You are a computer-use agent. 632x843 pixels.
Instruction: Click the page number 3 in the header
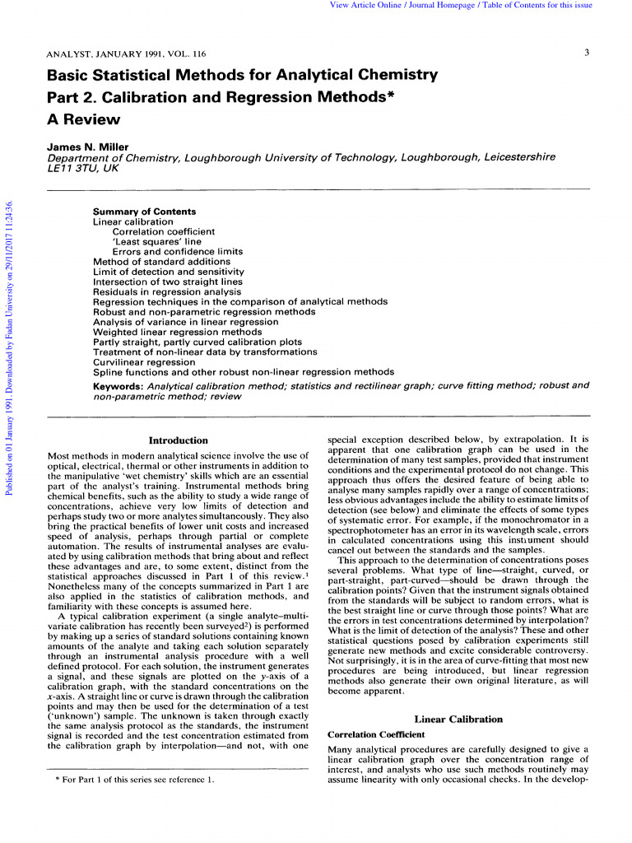pyautogui.click(x=587, y=54)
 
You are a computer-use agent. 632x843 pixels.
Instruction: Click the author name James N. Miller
pyautogui.click(x=88, y=147)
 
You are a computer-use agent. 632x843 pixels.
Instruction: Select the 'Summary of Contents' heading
pyautogui.click(x=144, y=212)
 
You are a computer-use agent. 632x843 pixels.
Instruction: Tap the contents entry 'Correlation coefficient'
pyautogui.click(x=163, y=232)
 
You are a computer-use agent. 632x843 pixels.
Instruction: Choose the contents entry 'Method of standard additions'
pyautogui.click(x=163, y=262)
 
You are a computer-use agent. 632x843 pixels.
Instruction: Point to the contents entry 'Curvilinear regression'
pyautogui.click(x=144, y=361)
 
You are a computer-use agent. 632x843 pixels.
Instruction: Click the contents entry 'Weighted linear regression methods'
pyautogui.click(x=177, y=332)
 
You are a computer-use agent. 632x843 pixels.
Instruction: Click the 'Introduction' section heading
pyautogui.click(x=178, y=440)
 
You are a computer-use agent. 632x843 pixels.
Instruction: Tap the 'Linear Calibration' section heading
pyautogui.click(x=458, y=719)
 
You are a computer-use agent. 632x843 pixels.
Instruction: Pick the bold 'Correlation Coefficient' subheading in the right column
pyautogui.click(x=376, y=734)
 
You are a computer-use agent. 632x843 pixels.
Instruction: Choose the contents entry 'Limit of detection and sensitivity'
pyautogui.click(x=169, y=272)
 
